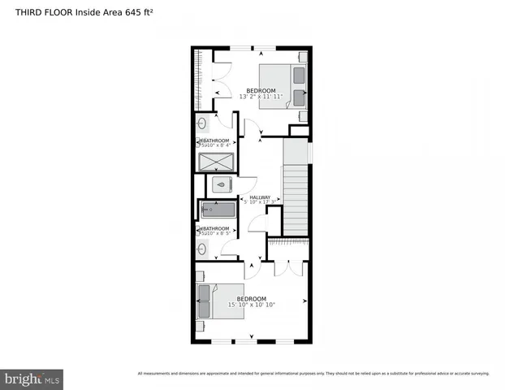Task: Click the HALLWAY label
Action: pos(260,197)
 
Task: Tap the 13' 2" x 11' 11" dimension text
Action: pos(261,97)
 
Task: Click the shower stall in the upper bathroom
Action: pos(215,161)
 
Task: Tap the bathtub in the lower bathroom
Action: pos(216,210)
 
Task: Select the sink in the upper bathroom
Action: pos(202,125)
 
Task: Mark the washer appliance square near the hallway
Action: pos(221,185)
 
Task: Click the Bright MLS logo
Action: pos(32,379)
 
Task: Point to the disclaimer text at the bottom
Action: pos(313,374)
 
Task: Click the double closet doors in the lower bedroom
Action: pos(289,268)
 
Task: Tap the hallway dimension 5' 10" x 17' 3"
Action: pos(260,203)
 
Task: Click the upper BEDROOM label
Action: pos(261,90)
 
